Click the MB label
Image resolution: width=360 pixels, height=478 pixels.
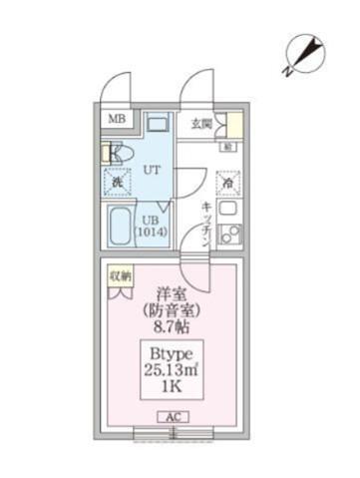pos(117,122)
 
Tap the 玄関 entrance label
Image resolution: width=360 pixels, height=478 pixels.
pos(202,124)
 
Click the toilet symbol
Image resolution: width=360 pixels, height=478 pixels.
pos(115,154)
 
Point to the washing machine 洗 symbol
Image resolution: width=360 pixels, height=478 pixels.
pos(117,183)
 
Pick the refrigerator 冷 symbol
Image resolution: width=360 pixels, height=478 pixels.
pos(228,184)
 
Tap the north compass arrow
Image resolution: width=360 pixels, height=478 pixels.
pos(301,53)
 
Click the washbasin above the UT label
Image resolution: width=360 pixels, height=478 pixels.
pos(157,128)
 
